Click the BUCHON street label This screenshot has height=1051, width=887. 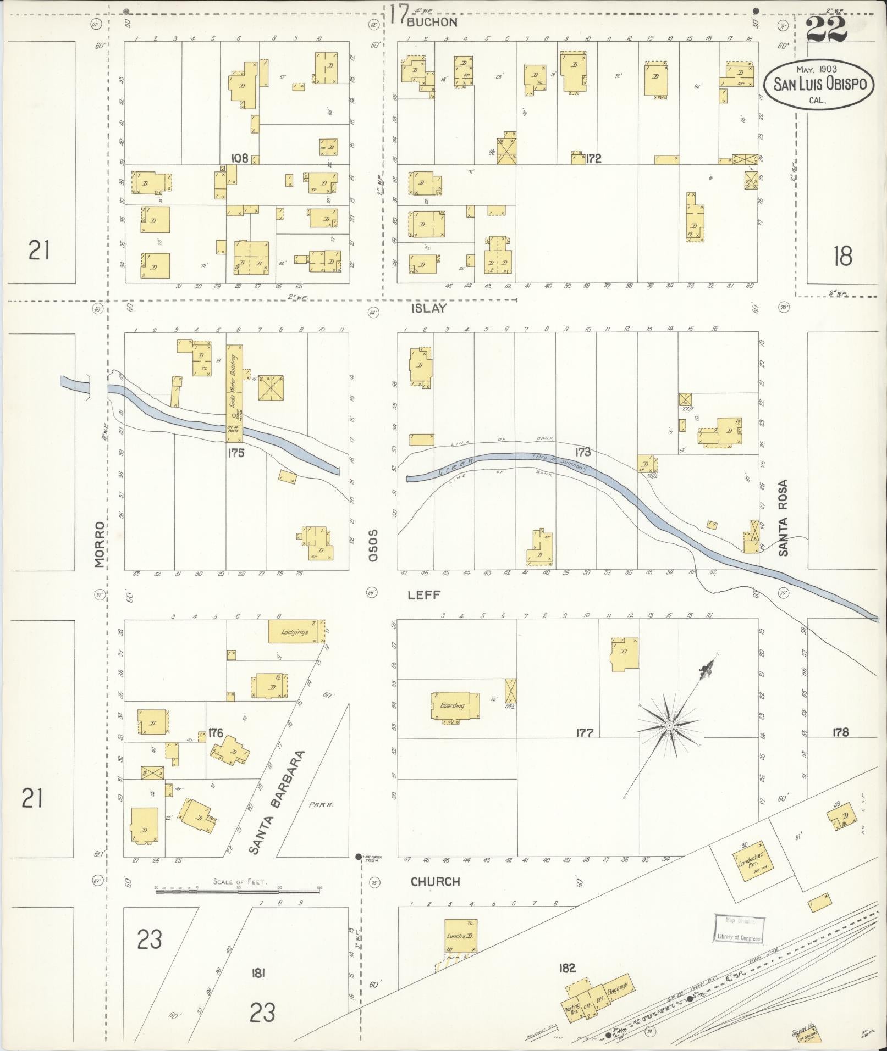tap(432, 22)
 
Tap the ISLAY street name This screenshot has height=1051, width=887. tap(429, 309)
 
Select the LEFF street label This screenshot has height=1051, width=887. tap(425, 595)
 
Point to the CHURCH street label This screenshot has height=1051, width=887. tap(435, 881)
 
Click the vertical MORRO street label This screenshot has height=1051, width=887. tap(99, 544)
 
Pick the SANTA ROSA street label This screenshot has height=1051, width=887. tap(783, 518)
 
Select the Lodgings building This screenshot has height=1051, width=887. tap(296, 632)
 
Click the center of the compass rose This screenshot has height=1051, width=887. tap(670, 726)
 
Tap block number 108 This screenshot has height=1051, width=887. tap(239, 158)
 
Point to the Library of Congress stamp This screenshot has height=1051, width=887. tap(739, 928)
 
